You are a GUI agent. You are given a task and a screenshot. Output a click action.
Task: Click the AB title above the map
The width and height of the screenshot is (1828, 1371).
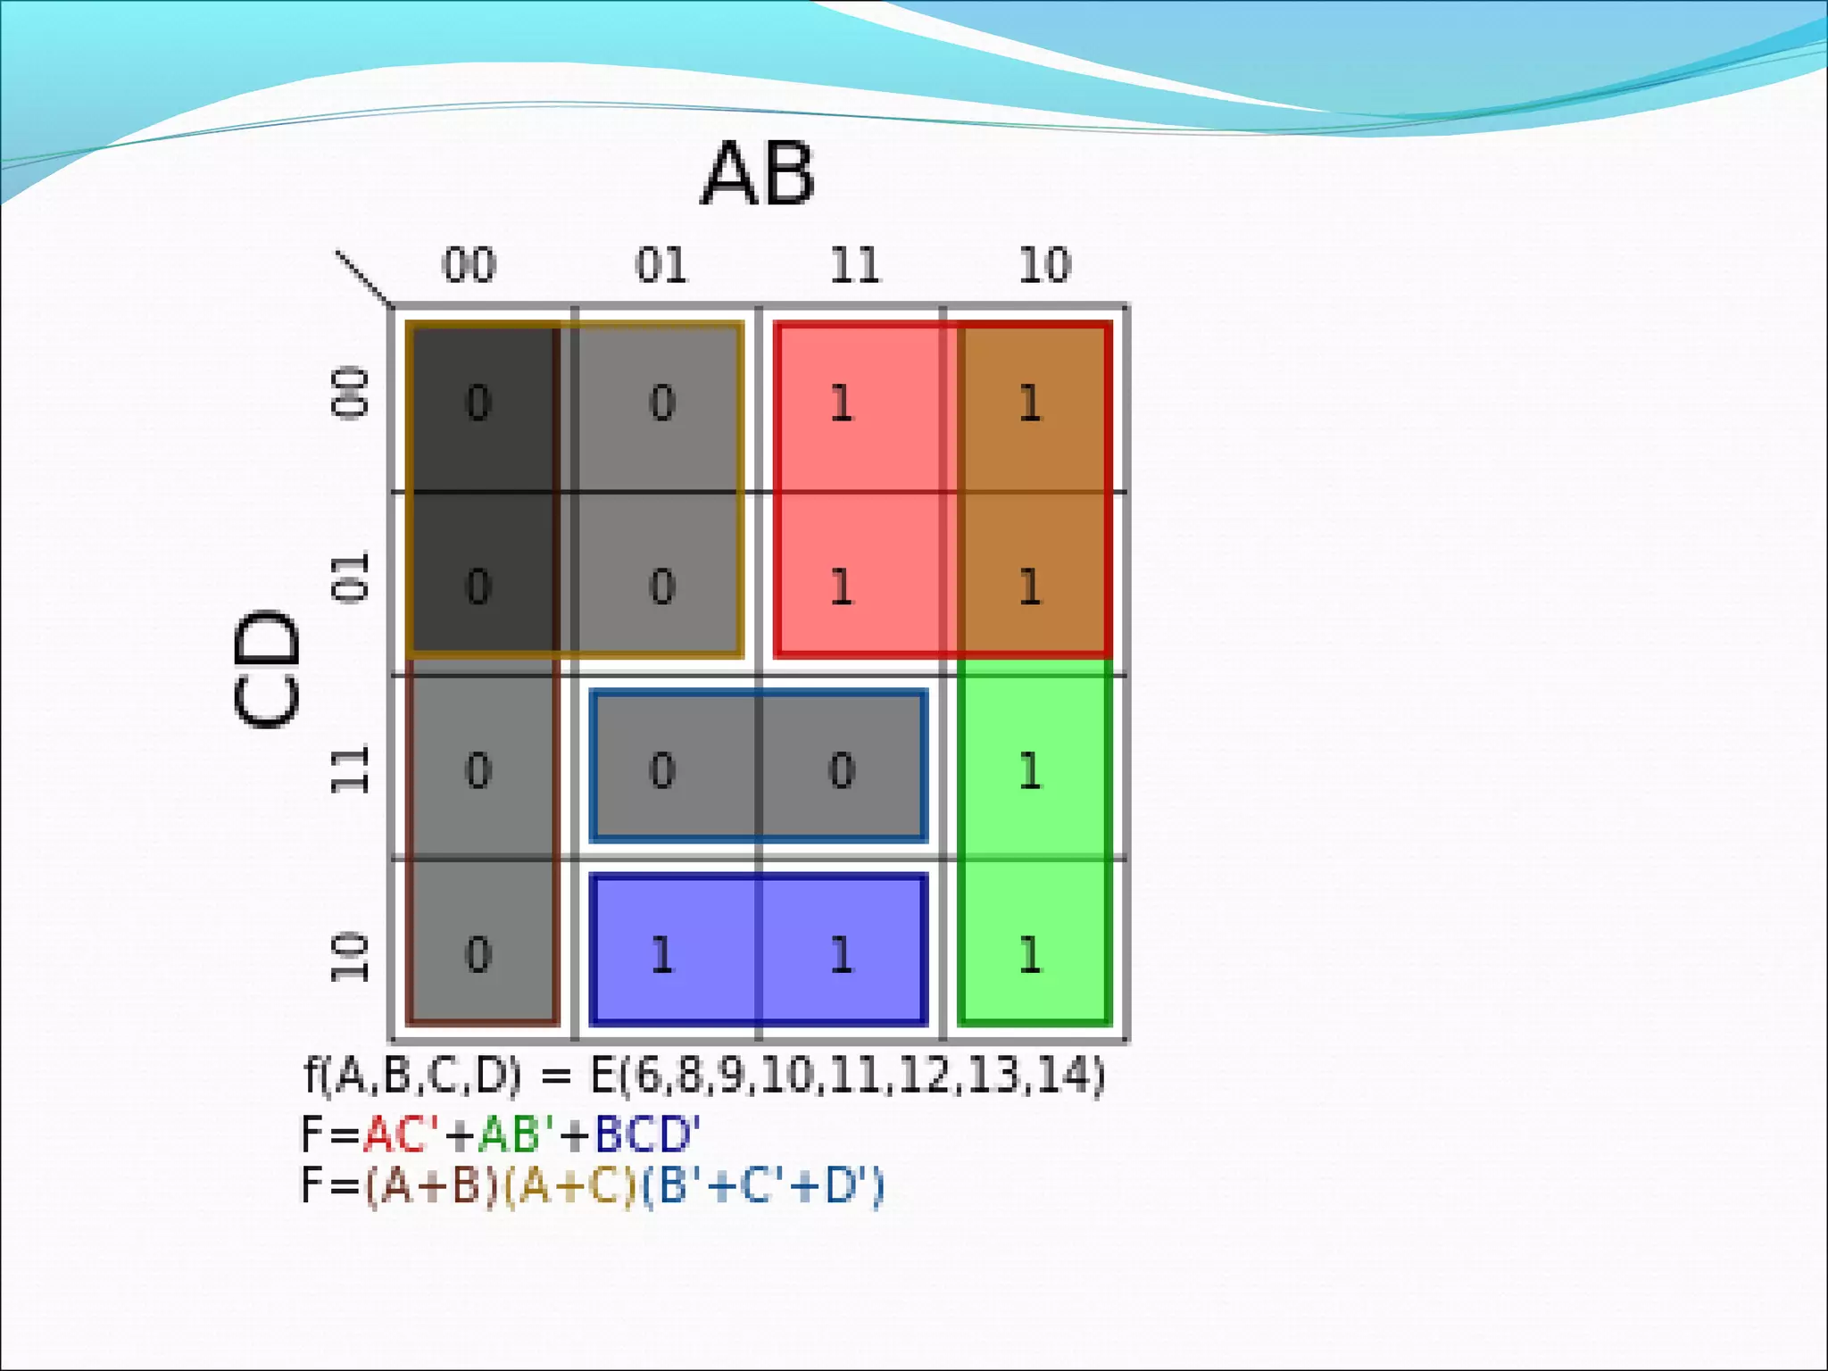pos(758,174)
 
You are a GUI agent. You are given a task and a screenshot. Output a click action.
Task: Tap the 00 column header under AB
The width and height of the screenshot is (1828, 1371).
pos(469,265)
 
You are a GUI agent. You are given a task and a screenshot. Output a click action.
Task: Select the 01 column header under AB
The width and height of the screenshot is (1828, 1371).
pos(661,265)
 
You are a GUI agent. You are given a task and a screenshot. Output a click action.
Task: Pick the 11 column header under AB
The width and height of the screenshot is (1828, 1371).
pos(854,265)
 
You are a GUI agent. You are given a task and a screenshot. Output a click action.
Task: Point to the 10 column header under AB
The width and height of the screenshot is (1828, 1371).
pos(1044,265)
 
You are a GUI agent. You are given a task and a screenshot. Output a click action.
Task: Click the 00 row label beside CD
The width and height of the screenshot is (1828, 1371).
pos(350,392)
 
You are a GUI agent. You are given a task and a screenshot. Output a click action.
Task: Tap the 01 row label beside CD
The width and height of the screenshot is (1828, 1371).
pos(350,577)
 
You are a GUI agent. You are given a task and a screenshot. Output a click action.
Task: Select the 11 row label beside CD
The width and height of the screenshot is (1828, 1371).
pos(350,769)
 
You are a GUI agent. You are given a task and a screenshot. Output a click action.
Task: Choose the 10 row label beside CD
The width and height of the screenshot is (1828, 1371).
pos(350,957)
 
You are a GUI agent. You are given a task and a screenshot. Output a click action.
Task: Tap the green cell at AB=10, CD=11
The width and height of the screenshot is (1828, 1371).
pos(1031,769)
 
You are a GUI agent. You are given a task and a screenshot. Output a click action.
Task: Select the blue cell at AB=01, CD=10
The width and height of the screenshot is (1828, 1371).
pos(662,954)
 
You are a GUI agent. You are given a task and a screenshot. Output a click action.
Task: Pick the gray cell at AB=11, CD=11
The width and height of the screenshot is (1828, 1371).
pos(843,769)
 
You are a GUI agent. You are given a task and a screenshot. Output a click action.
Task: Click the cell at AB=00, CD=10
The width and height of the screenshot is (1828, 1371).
pos(479,954)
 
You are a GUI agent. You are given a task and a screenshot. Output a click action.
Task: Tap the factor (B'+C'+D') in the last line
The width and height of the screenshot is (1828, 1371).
pos(763,1186)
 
